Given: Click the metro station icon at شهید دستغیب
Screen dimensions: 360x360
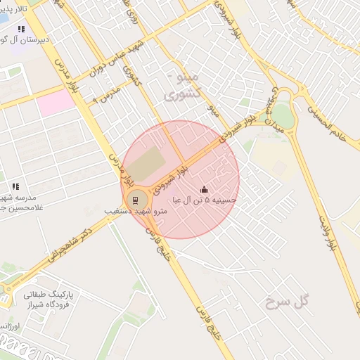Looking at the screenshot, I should [135, 200].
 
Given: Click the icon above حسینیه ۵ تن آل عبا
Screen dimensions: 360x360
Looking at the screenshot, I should [205, 189].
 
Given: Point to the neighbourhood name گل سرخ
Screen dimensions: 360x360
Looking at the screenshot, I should [288, 302].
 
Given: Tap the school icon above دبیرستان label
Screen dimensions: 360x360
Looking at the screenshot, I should [21, 30].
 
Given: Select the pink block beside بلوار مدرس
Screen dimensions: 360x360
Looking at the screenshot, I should [56, 103].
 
